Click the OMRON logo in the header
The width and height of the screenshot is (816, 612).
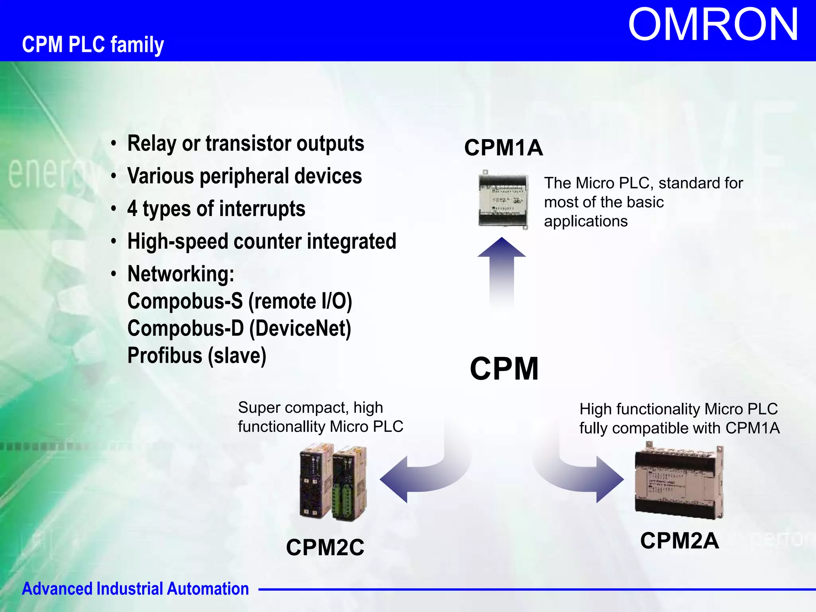pos(713,25)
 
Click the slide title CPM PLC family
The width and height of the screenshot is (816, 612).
pos(93,44)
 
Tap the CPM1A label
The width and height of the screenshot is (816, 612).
pos(503,147)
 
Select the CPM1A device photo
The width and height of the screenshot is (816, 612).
pos(503,200)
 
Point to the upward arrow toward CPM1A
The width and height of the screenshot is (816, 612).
pos(502,271)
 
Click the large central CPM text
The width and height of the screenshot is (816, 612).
pos(504,369)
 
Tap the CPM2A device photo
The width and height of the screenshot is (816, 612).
pos(679,481)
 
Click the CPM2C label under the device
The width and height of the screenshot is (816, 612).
pos(325,547)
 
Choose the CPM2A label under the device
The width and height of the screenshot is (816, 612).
pos(679,541)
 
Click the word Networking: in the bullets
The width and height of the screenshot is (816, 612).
pos(181,274)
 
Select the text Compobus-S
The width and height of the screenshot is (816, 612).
pos(185,301)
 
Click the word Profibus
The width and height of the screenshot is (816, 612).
pos(165,355)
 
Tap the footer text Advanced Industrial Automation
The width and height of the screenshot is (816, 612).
pos(135,588)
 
